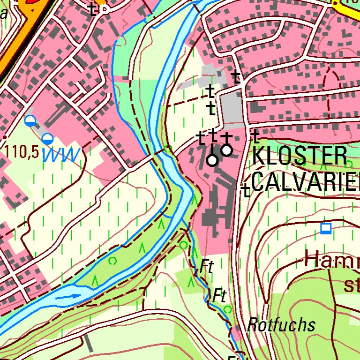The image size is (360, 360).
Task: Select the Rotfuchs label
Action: click(281, 324)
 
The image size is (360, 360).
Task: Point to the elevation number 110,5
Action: click(22, 152)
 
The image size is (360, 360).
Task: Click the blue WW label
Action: click(62, 154)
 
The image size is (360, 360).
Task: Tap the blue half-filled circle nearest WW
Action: click(47, 138)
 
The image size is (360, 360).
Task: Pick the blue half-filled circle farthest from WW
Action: click(30, 120)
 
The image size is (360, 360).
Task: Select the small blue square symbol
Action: click(326, 229)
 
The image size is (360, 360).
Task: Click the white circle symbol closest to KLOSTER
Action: click(227, 150)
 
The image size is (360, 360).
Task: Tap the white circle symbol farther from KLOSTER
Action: click(212, 160)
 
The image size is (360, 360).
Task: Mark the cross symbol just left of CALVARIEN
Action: click(245, 190)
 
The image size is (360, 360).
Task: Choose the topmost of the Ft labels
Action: click(206, 267)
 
